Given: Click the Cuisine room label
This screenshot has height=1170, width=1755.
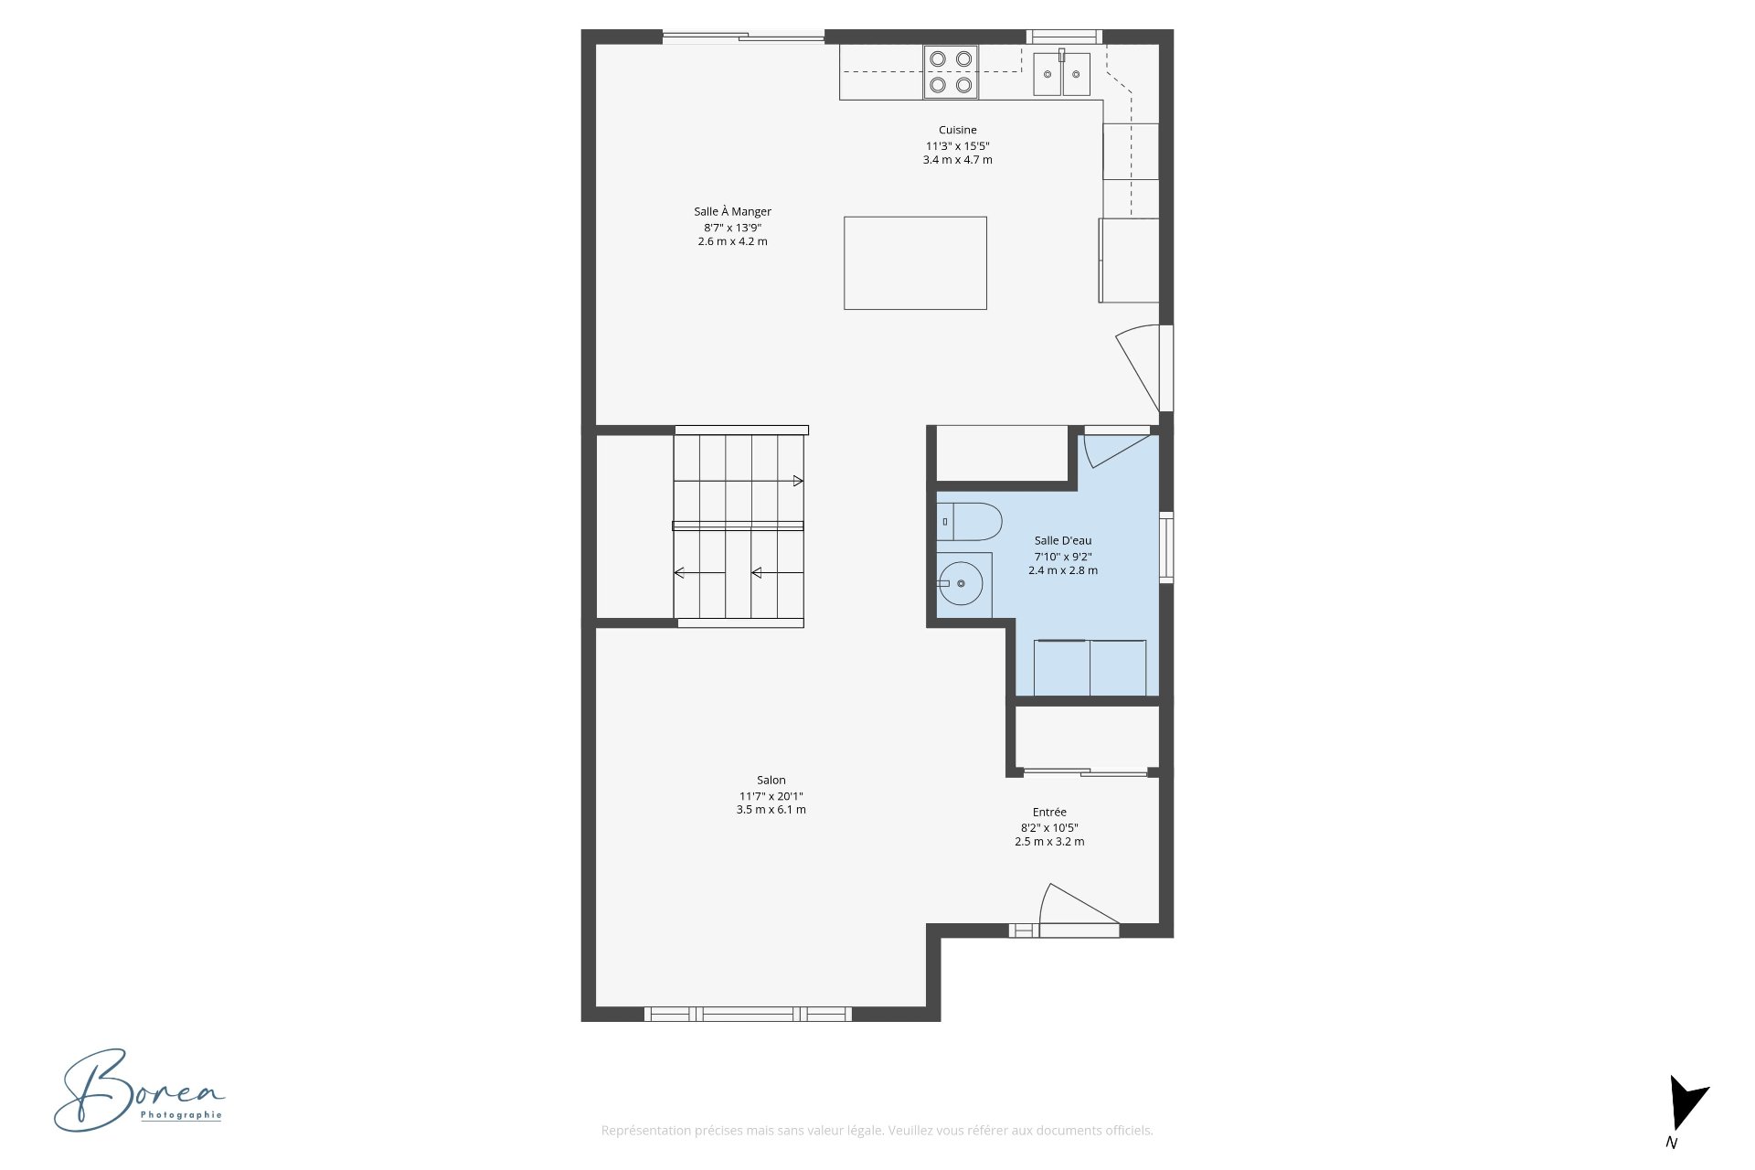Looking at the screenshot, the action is [x=957, y=130].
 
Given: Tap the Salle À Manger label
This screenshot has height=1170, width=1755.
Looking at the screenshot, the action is [x=732, y=211].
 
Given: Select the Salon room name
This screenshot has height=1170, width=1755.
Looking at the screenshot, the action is [x=771, y=780].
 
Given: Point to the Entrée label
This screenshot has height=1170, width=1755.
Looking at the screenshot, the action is [x=1049, y=812].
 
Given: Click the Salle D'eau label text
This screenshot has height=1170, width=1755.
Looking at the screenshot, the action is [x=1063, y=540].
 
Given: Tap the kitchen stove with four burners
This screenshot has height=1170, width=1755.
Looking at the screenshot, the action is [x=951, y=72].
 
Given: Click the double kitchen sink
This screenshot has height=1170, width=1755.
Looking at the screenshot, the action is [x=1062, y=73].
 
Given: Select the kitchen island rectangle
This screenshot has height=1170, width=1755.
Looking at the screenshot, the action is [x=915, y=263].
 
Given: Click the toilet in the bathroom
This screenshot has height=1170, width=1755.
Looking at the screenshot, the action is [x=969, y=522].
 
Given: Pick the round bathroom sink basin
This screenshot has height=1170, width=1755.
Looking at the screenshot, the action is [x=961, y=583].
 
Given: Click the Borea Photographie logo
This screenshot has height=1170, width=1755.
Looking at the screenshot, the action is [x=139, y=1090].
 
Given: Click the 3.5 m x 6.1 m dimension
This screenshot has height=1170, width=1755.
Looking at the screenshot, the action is [x=771, y=810].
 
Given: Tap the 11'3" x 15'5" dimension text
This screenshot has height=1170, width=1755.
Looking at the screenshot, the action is [x=957, y=146].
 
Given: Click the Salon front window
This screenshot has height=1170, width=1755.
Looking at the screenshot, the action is [x=748, y=1014].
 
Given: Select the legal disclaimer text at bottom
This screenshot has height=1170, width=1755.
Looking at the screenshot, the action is [x=877, y=1131].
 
